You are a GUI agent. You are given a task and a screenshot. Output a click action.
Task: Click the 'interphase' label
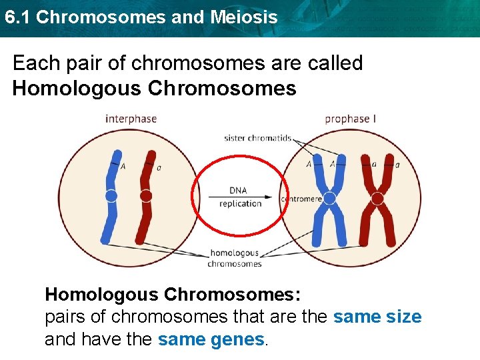point(131,119)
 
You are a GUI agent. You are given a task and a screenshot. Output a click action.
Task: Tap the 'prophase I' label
point(350,119)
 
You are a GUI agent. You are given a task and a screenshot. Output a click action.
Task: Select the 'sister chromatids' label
point(257,138)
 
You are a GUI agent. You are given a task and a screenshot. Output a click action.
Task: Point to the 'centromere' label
point(302,199)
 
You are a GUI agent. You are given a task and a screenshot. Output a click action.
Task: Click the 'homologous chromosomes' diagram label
point(235,258)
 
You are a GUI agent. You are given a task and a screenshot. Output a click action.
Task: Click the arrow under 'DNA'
point(239,197)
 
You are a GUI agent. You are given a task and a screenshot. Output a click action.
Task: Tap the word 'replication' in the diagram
point(240,204)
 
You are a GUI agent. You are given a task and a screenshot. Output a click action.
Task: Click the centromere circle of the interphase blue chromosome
point(111,195)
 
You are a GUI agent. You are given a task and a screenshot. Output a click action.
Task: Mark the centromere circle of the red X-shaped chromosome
point(377,198)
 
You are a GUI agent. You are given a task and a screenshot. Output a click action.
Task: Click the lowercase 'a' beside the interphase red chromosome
point(159,167)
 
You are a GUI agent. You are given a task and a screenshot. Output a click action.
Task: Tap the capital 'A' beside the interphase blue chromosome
point(123,167)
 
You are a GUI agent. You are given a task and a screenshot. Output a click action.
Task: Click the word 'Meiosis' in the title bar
point(243,17)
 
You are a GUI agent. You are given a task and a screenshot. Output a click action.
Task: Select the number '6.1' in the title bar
point(17,17)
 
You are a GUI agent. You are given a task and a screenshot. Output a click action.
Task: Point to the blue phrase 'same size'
point(377,317)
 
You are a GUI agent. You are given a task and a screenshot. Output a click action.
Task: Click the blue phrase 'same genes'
point(211,339)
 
